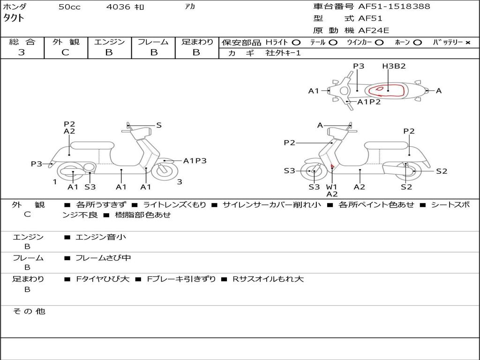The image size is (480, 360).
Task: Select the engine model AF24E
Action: tap(374, 31)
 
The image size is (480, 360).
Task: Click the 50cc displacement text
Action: tap(69, 7)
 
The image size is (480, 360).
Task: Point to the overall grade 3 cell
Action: tap(22, 52)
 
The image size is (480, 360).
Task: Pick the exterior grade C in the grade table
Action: tap(66, 52)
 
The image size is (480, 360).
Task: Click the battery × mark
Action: tap(467, 42)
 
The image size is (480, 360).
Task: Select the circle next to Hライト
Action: tap(296, 42)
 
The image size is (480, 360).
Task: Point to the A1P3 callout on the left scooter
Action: tap(195, 161)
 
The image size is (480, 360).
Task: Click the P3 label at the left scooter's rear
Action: tap(37, 164)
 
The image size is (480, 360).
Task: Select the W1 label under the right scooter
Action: tap(332, 187)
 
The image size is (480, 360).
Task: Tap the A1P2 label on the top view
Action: tap(369, 102)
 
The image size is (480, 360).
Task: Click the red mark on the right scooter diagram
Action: tap(332, 166)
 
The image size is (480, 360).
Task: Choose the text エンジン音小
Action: tap(101, 237)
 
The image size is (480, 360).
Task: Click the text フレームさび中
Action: tap(103, 258)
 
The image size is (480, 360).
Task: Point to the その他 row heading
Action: tap(29, 311)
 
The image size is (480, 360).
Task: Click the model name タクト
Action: tap(14, 18)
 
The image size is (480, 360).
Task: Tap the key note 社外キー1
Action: tap(283, 53)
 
